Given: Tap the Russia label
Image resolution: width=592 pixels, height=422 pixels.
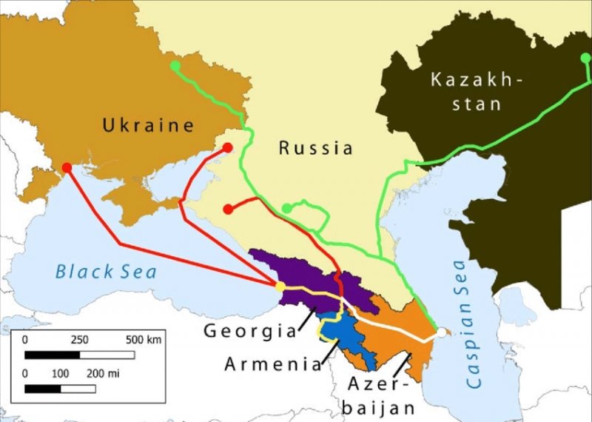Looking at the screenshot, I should [x=316, y=148].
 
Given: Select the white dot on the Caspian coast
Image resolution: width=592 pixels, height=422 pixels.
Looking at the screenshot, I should [x=441, y=334].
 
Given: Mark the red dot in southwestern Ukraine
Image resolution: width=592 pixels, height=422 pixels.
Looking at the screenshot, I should [x=67, y=167].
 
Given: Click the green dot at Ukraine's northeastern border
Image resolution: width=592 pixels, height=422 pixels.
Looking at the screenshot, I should [x=175, y=66].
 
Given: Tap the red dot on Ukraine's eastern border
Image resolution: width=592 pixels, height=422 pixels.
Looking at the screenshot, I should [x=228, y=147].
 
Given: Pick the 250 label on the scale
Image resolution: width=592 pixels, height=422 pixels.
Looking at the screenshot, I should [x=79, y=339].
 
